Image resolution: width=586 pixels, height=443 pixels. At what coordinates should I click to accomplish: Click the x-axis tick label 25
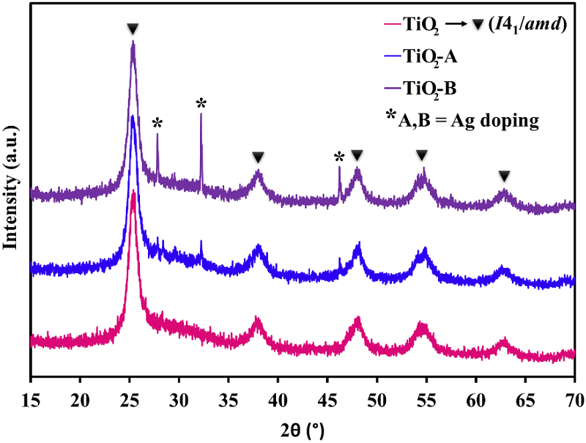tap(130, 401)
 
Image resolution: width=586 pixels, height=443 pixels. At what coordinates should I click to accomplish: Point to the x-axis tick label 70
tap(574, 401)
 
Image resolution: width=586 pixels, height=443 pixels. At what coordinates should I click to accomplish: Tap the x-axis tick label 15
tap(31, 401)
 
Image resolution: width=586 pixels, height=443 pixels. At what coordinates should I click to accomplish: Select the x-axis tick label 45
tap(327, 401)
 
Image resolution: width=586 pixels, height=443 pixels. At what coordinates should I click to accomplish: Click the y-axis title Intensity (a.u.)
tap(12, 187)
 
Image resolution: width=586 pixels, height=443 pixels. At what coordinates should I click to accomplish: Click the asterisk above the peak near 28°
tap(157, 124)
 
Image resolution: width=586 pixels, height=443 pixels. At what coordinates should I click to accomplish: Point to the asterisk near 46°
tap(338, 158)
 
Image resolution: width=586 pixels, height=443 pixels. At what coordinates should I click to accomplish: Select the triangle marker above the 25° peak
tap(132, 29)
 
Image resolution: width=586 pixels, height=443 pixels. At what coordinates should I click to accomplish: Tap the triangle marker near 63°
tap(504, 176)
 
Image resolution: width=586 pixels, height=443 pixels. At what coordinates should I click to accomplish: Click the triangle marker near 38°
tap(258, 157)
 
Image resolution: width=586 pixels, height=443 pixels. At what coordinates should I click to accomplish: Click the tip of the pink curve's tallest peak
tap(133, 192)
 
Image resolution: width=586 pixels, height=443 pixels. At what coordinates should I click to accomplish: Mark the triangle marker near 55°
tap(421, 155)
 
